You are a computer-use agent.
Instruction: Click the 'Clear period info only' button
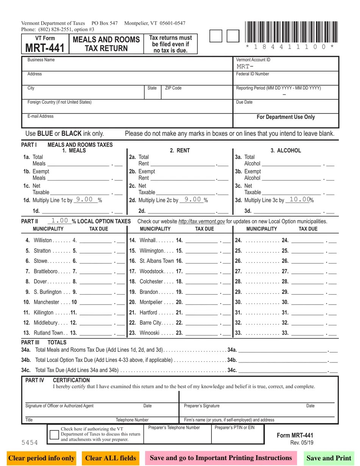click(x=41, y=458)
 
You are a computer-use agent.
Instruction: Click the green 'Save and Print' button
click(x=329, y=458)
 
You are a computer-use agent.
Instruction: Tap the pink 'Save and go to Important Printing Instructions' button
click(x=221, y=458)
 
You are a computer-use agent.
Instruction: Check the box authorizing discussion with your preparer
click(x=55, y=435)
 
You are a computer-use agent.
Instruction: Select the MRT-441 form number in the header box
click(x=45, y=48)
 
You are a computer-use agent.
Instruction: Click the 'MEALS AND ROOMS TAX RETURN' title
click(x=106, y=44)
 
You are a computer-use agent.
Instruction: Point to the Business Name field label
click(x=41, y=60)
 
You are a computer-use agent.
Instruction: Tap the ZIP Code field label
click(x=173, y=88)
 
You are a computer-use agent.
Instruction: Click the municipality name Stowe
click(x=41, y=261)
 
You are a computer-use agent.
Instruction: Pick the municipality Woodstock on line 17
click(x=152, y=271)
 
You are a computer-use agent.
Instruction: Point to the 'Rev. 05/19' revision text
click(x=302, y=443)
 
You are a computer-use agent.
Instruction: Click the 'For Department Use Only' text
click(x=286, y=117)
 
